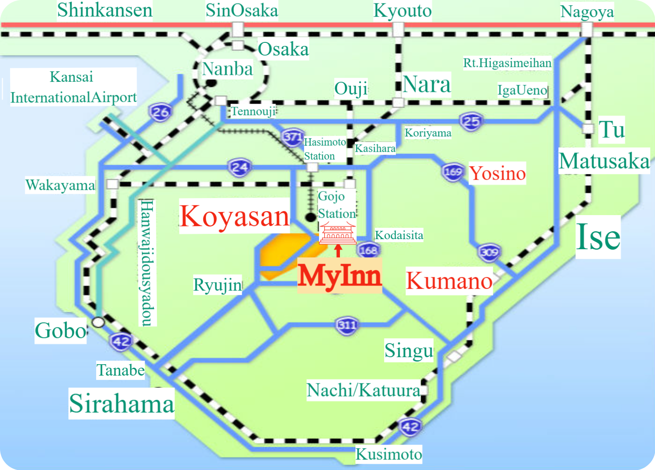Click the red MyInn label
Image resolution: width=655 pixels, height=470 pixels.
pyautogui.click(x=340, y=276)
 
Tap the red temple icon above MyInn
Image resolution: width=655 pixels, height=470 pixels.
pyautogui.click(x=337, y=233)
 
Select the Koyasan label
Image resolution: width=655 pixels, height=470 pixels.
pyautogui.click(x=234, y=216)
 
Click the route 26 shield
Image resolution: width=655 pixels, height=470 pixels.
pyautogui.click(x=160, y=112)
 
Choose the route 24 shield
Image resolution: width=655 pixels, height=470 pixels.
pyautogui.click(x=239, y=167)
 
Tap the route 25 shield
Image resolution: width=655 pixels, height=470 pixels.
pyautogui.click(x=471, y=121)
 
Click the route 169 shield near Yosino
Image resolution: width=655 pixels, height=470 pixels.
pyautogui.click(x=453, y=171)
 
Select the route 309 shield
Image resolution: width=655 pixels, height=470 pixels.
pyautogui.click(x=489, y=252)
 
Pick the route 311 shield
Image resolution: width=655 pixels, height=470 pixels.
pyautogui.click(x=347, y=325)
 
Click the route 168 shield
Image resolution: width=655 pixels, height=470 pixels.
pyautogui.click(x=368, y=251)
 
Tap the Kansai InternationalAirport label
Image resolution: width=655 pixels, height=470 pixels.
pyautogui.click(x=73, y=87)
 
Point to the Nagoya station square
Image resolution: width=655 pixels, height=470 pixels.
pyautogui.click(x=586, y=29)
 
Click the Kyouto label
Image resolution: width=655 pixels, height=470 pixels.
pyautogui.click(x=402, y=11)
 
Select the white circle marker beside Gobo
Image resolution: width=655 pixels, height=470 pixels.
pyautogui.click(x=98, y=322)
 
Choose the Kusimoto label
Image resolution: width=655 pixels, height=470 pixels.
pyautogui.click(x=388, y=454)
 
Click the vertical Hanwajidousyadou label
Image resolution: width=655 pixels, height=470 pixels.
pyautogui.click(x=147, y=262)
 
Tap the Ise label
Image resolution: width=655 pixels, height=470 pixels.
pyautogui.click(x=598, y=237)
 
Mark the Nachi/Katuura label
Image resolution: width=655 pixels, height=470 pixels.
pyautogui.click(x=364, y=390)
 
